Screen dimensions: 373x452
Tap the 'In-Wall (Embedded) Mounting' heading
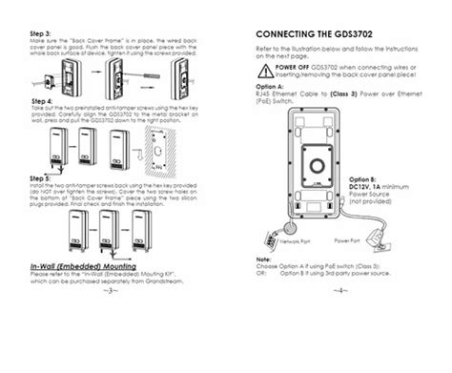click(x=84, y=265)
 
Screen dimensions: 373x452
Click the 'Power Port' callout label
click(x=346, y=240)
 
